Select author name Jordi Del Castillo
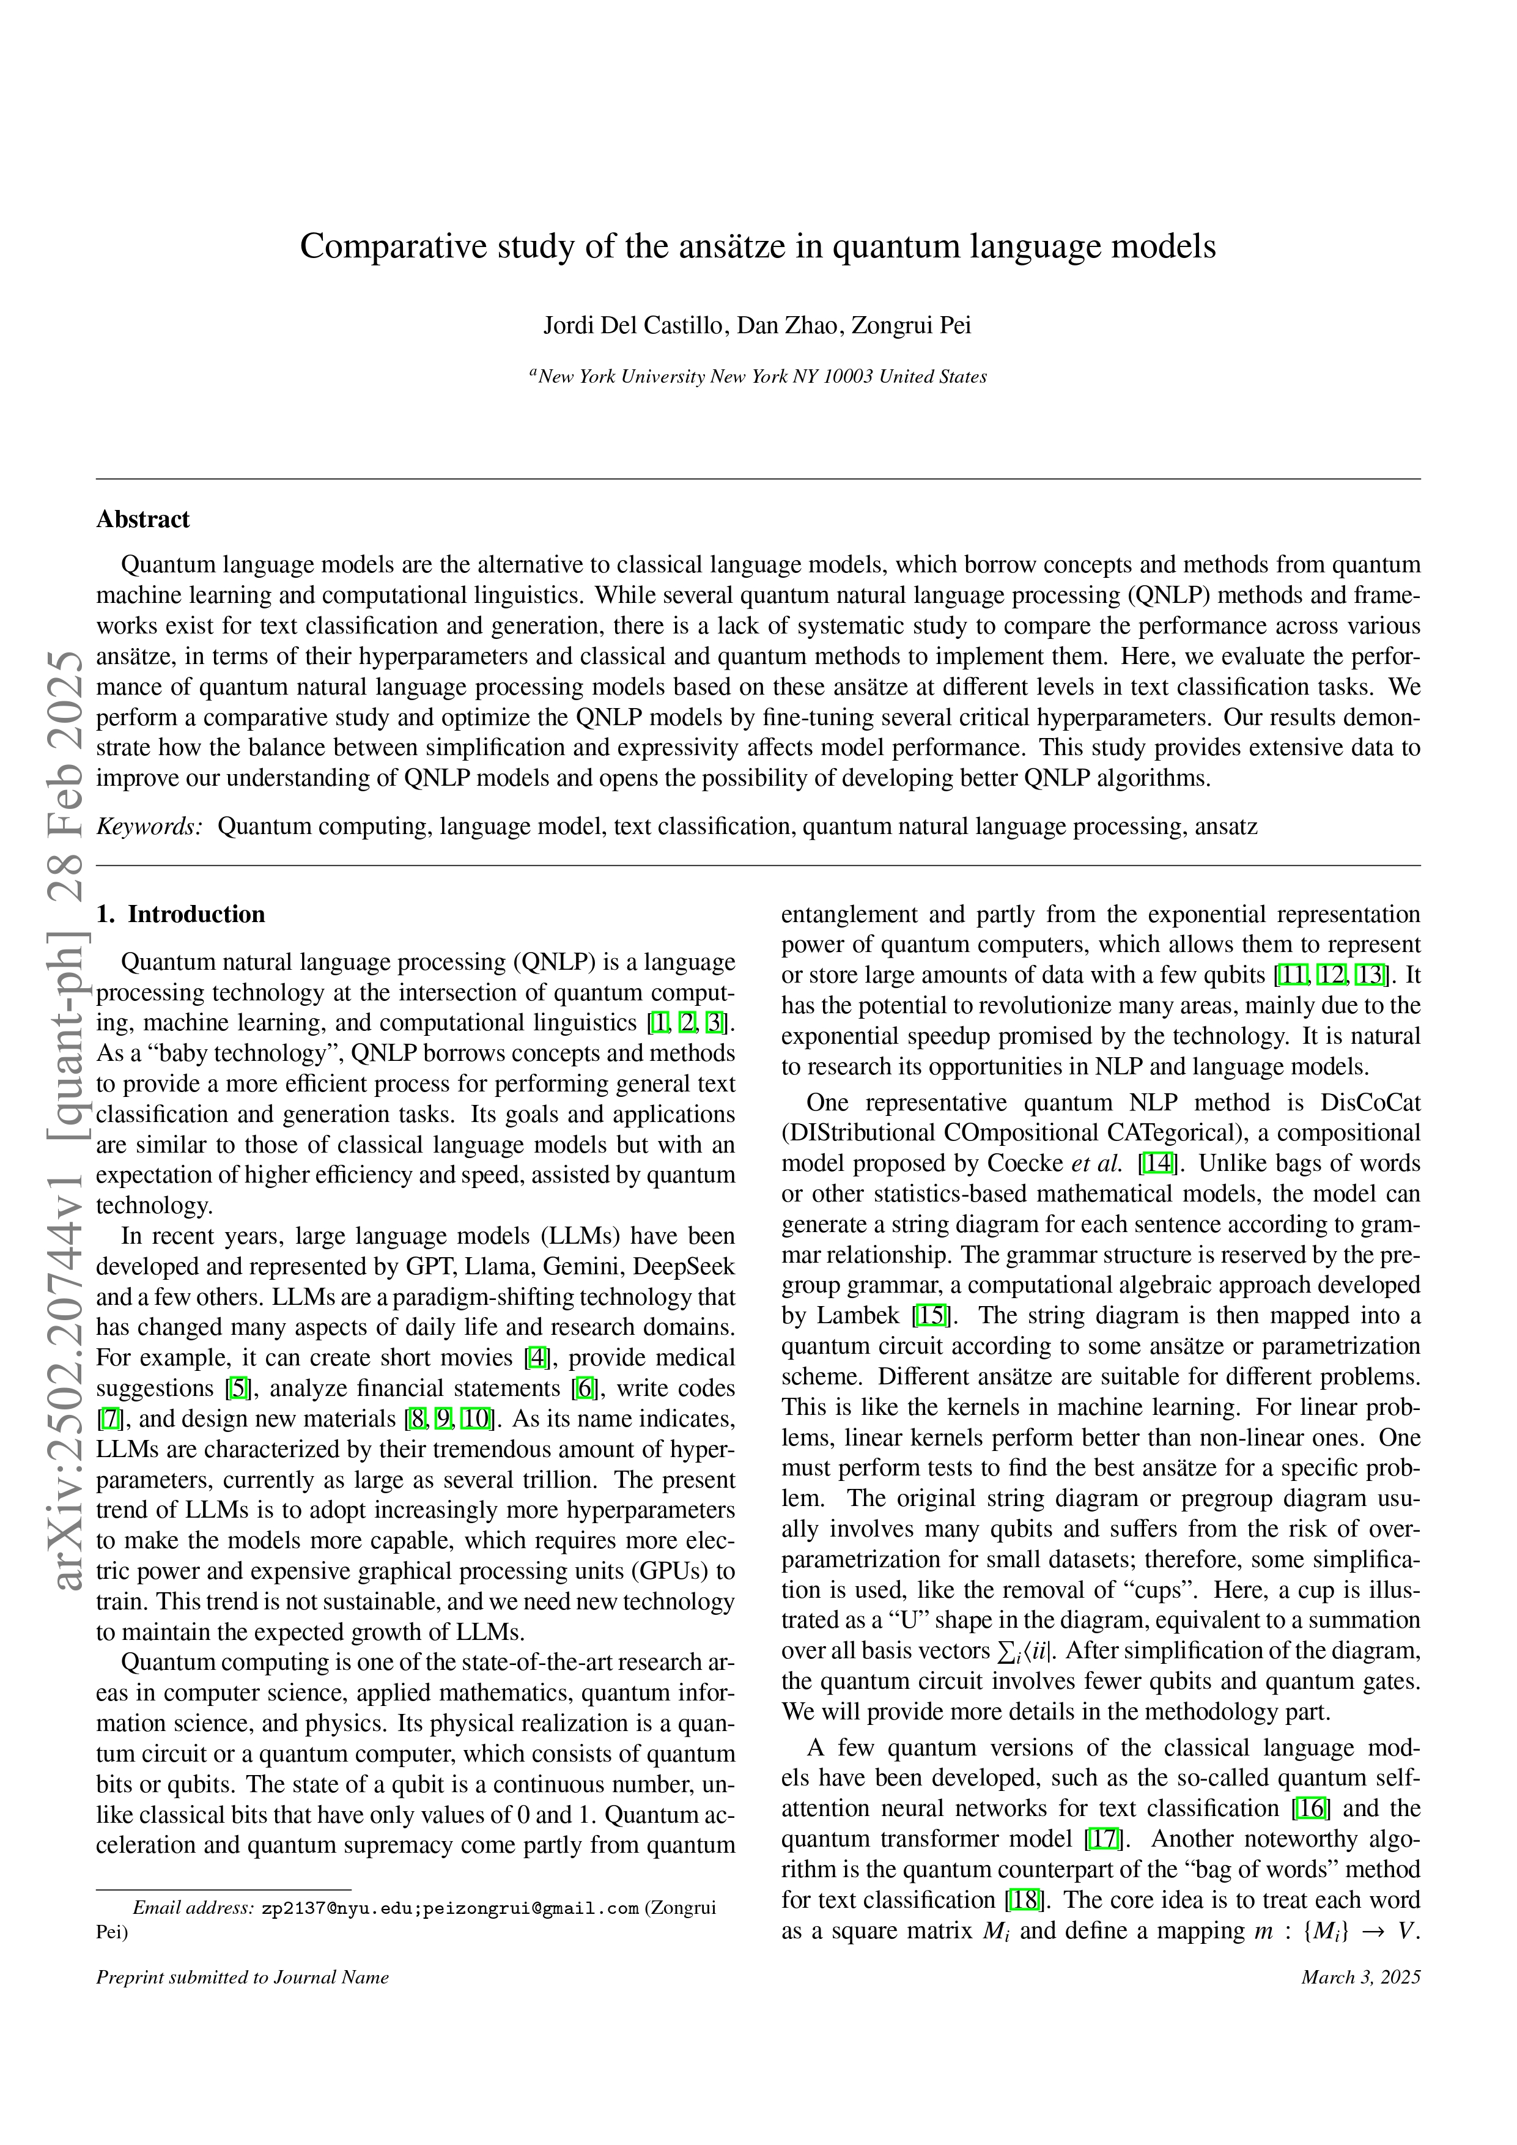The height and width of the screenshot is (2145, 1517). tap(634, 326)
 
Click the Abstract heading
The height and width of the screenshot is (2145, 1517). tap(143, 519)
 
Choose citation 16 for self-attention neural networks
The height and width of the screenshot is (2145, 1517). tap(1312, 1809)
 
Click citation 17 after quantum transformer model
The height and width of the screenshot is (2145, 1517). tap(1104, 1839)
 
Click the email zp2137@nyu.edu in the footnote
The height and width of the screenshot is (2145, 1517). tap(338, 1908)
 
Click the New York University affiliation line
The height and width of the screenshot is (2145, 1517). tap(758, 377)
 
